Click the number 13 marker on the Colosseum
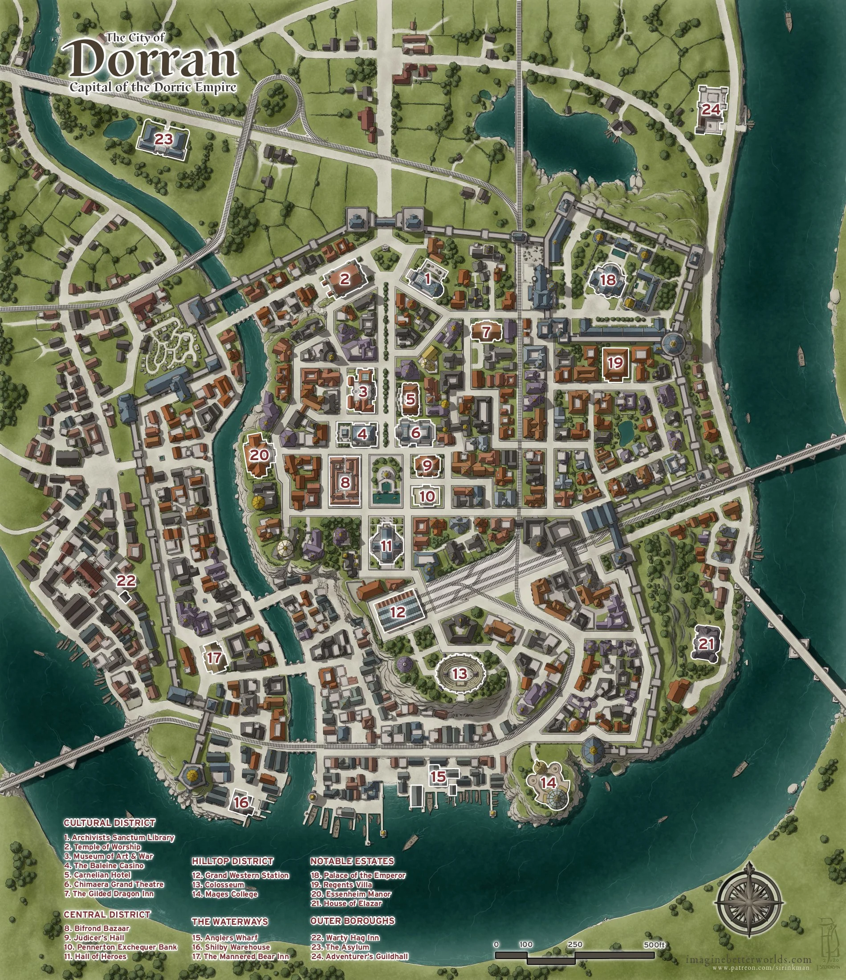point(459,674)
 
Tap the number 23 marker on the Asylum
point(163,139)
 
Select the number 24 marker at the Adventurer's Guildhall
point(710,110)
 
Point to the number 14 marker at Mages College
point(549,783)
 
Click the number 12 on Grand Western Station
point(398,612)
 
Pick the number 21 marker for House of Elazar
point(706,643)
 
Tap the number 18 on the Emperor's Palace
point(608,280)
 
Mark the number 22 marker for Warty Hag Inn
point(126,580)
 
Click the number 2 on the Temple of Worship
point(345,278)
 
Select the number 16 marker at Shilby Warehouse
point(241,802)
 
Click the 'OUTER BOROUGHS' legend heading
point(352,920)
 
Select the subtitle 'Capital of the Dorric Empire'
point(153,87)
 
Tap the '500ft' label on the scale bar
point(655,944)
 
